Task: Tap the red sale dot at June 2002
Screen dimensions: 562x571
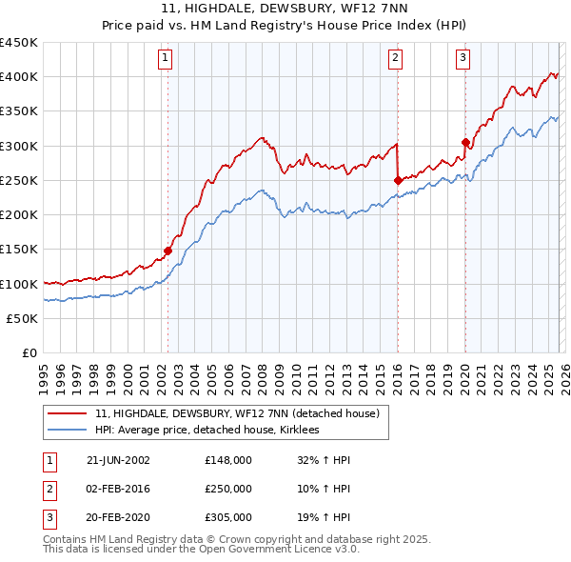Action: [x=168, y=251]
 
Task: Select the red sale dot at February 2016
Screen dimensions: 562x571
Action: [x=398, y=180]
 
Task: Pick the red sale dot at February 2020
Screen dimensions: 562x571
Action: [x=465, y=143]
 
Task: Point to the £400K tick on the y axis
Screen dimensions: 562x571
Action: [x=19, y=77]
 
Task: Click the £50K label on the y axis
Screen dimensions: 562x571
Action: [x=23, y=319]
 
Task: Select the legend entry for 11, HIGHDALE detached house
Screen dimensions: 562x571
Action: [x=237, y=413]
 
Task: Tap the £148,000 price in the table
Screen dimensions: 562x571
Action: [x=228, y=459]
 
